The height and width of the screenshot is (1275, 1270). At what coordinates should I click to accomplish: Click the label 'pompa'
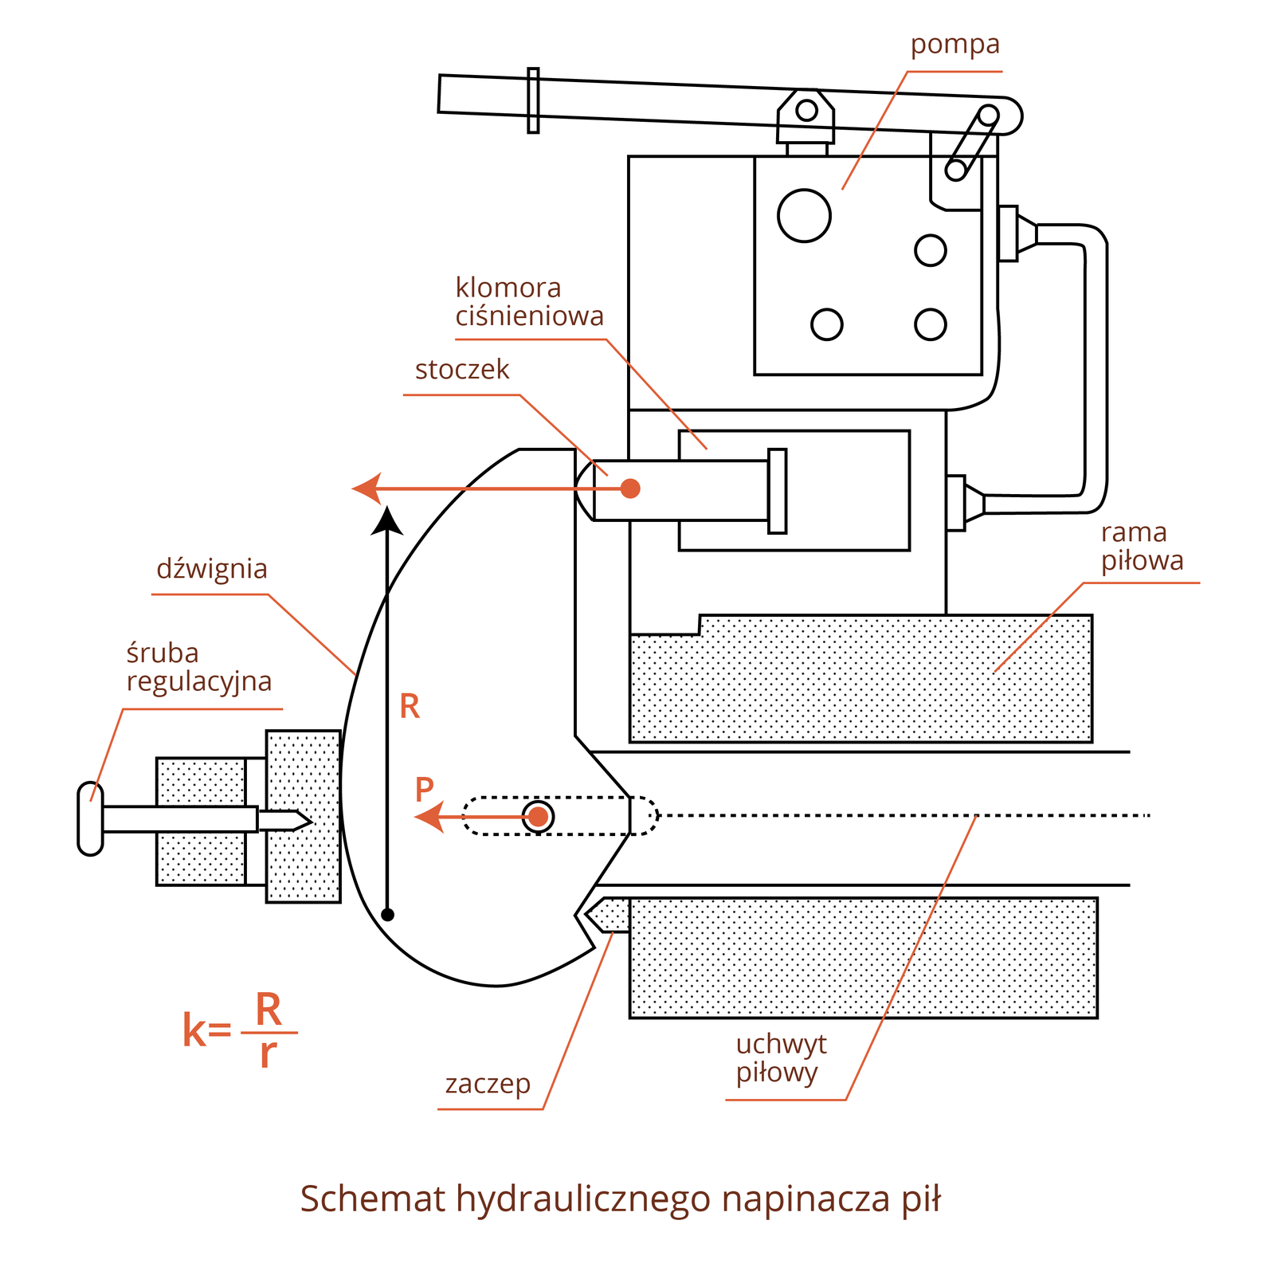tap(954, 45)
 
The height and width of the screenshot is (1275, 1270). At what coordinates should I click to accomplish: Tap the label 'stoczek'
tap(462, 370)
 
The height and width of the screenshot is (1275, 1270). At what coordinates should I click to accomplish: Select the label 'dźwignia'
tap(212, 569)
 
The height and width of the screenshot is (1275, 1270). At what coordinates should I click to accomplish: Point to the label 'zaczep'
tap(488, 1084)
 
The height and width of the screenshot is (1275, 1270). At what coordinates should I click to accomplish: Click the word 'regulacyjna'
tap(199, 682)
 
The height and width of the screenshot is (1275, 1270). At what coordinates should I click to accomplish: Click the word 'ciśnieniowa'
tap(530, 316)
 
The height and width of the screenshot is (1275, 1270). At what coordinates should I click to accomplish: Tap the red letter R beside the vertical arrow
tap(410, 707)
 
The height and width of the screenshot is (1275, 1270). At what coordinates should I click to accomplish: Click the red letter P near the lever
tap(425, 790)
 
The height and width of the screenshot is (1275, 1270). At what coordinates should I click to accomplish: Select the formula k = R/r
tap(239, 1030)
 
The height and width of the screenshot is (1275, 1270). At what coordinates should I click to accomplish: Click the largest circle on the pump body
tap(804, 215)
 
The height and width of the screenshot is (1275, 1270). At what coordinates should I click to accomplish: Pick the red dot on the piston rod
tap(630, 488)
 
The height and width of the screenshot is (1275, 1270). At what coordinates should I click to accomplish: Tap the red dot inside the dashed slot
tap(539, 816)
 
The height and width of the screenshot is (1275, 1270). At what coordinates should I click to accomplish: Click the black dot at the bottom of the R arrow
tap(388, 915)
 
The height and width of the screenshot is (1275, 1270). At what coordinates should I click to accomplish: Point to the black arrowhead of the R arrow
tap(388, 519)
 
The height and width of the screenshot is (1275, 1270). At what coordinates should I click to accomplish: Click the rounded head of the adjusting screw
tap(90, 818)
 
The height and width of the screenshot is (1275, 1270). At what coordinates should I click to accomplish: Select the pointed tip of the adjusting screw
tap(303, 820)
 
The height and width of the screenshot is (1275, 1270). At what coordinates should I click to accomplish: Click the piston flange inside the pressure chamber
tap(777, 491)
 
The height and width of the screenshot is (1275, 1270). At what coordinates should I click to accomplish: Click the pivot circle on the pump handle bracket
tap(806, 109)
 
